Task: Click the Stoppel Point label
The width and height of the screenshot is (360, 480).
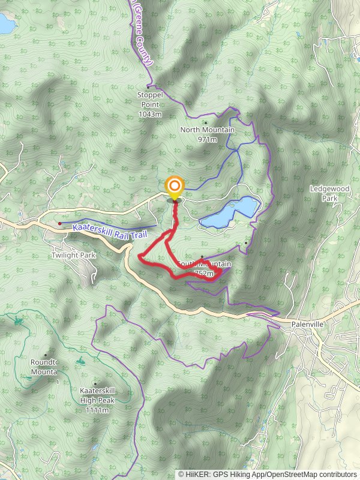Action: [150, 95]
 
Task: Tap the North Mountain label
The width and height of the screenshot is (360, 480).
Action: [208, 130]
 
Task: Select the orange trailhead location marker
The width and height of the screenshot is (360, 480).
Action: [175, 187]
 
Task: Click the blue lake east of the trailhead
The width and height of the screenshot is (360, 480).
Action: [230, 213]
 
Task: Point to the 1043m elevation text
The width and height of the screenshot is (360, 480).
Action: [150, 114]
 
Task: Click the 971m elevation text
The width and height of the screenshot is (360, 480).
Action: [208, 139]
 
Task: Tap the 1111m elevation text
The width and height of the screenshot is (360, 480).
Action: [97, 410]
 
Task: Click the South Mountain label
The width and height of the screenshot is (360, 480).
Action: [204, 264]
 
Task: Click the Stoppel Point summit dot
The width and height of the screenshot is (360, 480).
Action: [148, 86]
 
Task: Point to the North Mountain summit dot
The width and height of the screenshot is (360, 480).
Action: [205, 122]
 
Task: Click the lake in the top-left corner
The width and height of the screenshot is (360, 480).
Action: [6, 24]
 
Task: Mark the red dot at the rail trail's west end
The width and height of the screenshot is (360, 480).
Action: [60, 223]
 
